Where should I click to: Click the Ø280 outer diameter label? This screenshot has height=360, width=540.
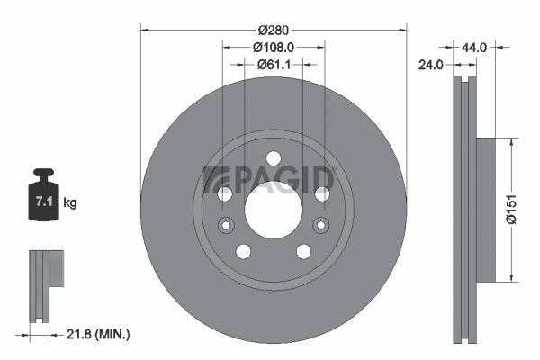tap(274, 31)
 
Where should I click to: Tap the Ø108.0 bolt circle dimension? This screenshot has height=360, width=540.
tap(274, 48)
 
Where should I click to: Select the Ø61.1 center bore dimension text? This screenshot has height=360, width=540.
tap(274, 64)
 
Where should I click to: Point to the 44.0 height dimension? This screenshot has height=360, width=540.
tap(474, 48)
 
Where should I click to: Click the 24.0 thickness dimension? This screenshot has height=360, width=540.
tap(431, 65)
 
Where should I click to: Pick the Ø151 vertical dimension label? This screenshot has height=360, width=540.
tap(512, 210)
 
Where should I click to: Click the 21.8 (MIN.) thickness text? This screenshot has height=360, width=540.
tap(98, 334)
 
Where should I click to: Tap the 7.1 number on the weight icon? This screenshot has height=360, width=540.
tap(44, 202)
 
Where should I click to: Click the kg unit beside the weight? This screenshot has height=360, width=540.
tap(70, 202)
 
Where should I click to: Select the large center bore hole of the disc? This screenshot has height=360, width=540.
tap(274, 210)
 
